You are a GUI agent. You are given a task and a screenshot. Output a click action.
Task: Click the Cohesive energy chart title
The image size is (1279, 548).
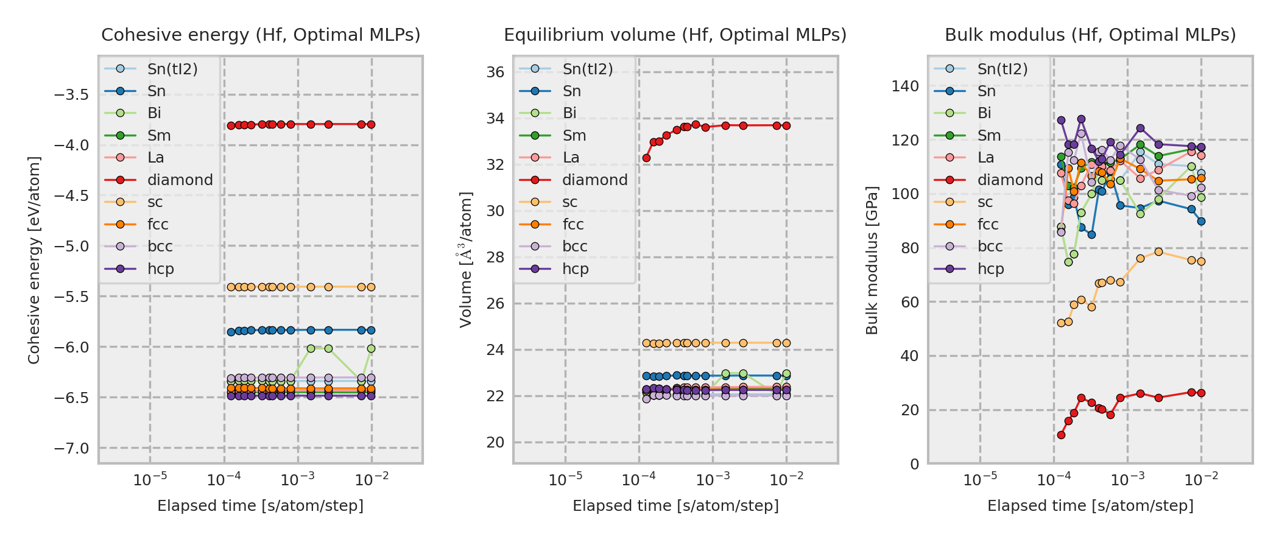click(x=261, y=35)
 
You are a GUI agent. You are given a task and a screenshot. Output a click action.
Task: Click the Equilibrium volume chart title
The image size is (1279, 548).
click(x=675, y=35)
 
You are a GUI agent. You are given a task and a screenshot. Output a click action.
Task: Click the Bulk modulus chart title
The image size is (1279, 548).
click(x=1090, y=35)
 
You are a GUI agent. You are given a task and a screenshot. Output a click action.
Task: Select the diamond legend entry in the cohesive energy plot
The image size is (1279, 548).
click(x=180, y=180)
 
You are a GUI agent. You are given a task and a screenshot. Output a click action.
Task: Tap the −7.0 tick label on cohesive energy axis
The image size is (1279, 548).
click(x=71, y=449)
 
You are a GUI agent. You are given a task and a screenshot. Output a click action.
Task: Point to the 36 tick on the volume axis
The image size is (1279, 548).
click(x=496, y=72)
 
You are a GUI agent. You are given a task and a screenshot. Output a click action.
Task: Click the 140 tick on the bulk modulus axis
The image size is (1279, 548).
click(x=905, y=86)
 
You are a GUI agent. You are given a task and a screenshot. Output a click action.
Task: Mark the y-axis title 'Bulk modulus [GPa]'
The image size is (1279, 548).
click(x=872, y=261)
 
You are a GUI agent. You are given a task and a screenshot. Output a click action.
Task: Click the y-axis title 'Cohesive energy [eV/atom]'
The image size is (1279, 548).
click(x=34, y=261)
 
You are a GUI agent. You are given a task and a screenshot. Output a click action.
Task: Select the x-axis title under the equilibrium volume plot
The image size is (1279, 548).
click(x=675, y=506)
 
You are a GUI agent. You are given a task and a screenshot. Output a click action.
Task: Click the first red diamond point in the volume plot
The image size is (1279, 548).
click(x=646, y=158)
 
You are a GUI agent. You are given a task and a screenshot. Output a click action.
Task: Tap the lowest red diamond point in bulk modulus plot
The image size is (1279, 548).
click(x=1061, y=435)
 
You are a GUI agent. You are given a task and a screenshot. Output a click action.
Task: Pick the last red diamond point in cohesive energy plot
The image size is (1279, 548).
click(x=371, y=124)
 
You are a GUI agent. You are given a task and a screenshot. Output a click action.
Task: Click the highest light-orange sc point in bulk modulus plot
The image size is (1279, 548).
click(x=1158, y=251)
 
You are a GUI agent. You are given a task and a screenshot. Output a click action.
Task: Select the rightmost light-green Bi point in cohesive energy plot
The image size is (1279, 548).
click(x=371, y=349)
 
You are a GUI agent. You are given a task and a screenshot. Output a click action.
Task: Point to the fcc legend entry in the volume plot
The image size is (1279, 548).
click(x=573, y=225)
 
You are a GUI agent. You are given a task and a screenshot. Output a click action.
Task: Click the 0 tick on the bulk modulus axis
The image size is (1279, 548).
click(x=915, y=465)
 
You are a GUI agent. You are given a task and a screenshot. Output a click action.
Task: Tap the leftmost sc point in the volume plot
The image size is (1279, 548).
click(x=646, y=343)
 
